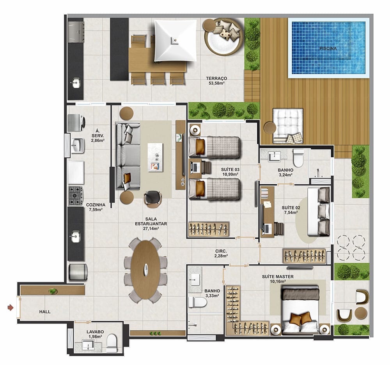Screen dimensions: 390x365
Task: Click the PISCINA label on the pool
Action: click(328, 48)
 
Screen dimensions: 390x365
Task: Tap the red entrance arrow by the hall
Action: click(11, 308)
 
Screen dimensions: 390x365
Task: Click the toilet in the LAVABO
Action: click(112, 343)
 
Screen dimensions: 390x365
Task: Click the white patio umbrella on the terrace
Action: click(175, 41)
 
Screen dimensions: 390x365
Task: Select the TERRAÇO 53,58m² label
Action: click(216, 81)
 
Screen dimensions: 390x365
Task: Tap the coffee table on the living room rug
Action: click(155, 157)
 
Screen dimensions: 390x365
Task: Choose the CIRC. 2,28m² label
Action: click(221, 253)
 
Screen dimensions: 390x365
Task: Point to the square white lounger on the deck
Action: click(288, 126)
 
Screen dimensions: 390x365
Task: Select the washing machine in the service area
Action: click(76, 123)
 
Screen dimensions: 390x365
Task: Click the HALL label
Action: click(45, 312)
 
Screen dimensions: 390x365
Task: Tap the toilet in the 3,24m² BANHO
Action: click(298, 158)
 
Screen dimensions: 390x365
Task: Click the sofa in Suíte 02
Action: click(319, 212)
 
